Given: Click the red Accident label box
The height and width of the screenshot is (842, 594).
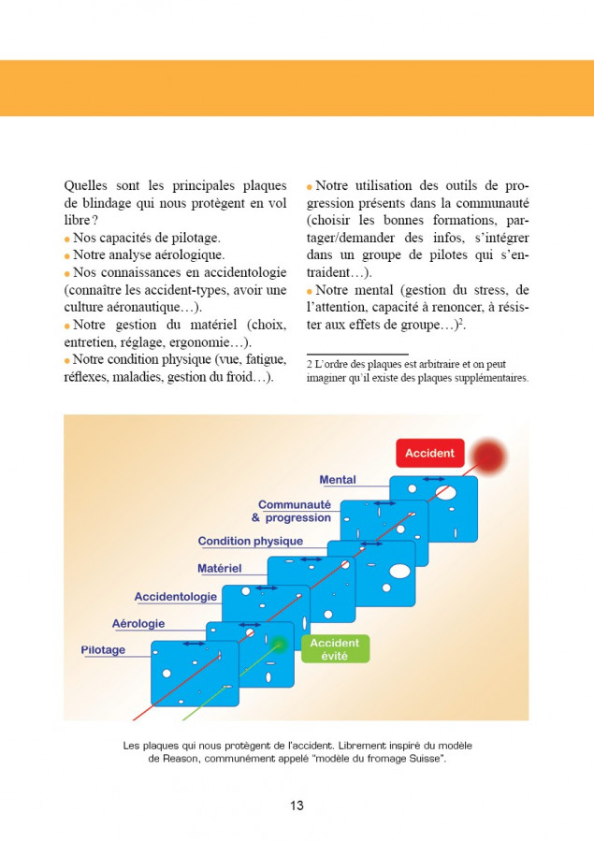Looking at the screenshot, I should (x=429, y=453).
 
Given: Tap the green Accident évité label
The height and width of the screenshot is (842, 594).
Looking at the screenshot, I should (x=335, y=649).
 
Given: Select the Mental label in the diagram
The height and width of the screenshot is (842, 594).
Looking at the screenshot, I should (x=338, y=480).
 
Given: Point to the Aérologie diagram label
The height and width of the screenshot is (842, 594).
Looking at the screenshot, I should (x=138, y=623).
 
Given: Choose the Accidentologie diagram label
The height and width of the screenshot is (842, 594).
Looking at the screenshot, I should (x=176, y=596).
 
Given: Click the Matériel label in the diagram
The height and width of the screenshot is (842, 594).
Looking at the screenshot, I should (x=219, y=568).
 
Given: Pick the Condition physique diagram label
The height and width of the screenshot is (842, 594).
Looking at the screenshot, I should (x=250, y=541).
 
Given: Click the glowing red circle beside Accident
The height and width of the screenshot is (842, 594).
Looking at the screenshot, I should (x=488, y=456).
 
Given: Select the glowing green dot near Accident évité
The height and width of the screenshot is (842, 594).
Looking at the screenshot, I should (x=277, y=643).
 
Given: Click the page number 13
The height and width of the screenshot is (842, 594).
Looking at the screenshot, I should (x=297, y=806).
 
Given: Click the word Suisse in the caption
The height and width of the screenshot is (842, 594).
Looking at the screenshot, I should (x=423, y=759).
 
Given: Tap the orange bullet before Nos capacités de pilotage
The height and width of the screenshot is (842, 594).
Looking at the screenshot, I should (x=67, y=240).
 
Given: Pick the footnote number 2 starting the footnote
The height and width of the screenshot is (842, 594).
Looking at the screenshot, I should (x=309, y=364).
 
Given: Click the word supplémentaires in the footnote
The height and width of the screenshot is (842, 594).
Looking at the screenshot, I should (x=486, y=378).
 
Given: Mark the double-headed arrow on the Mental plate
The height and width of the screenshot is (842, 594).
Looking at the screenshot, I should (x=435, y=478).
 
